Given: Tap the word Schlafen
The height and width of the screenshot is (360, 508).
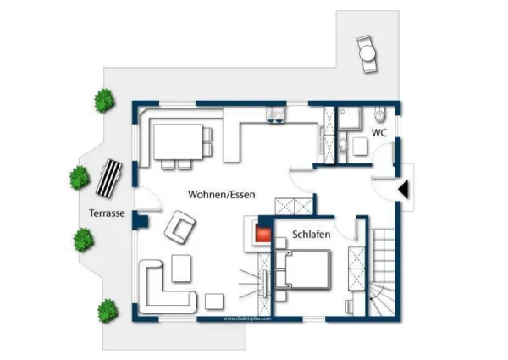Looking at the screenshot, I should pyautogui.click(x=311, y=233).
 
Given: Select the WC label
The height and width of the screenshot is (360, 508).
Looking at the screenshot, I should pyautogui.click(x=379, y=133).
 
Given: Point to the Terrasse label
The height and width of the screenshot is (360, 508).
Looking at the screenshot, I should pyautogui.click(x=107, y=213).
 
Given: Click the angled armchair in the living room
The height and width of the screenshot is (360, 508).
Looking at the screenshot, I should pyautogui.click(x=180, y=226).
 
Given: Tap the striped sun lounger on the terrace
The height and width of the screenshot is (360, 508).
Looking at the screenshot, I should pyautogui.click(x=109, y=176).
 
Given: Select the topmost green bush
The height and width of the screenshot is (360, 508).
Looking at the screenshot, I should pyautogui.click(x=104, y=100).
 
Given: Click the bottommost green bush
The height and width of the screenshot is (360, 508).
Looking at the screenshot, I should pyautogui.click(x=107, y=310).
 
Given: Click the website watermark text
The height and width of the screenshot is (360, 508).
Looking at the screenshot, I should pyautogui.click(x=247, y=318).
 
